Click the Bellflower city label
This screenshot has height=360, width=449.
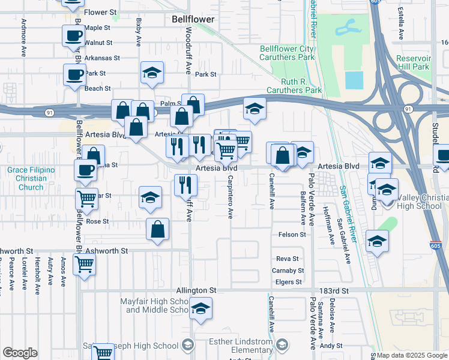click(x=193, y=20)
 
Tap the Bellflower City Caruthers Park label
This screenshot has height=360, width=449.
click(x=287, y=53)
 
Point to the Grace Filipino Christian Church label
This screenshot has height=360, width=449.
click(x=31, y=179)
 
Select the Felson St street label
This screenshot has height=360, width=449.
click(x=292, y=235)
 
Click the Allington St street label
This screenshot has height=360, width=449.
click(x=196, y=290)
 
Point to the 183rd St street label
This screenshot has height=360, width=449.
click(x=334, y=290)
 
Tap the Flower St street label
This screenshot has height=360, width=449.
click(x=101, y=12)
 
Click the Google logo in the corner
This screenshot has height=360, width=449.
click(x=20, y=353)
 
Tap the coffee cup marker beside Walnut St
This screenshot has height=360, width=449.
click(x=73, y=35)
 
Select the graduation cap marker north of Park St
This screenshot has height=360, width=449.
click(x=152, y=73)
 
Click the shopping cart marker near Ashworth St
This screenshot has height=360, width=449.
click(x=84, y=263)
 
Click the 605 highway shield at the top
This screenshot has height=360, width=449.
click(x=375, y=2)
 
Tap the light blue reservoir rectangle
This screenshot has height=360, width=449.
click(x=354, y=80)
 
